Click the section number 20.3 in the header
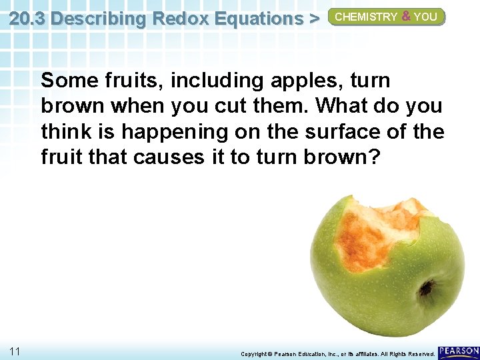coord(27,19)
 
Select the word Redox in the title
coord(179,19)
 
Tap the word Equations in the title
coord(256,19)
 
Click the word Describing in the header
coord(99,19)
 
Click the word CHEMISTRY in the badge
coord(366,17)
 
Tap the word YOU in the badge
coord(425,17)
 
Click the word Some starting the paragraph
coord(69,81)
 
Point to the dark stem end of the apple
coord(427,288)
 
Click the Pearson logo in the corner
coord(459,351)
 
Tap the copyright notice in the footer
coord(337,353)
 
